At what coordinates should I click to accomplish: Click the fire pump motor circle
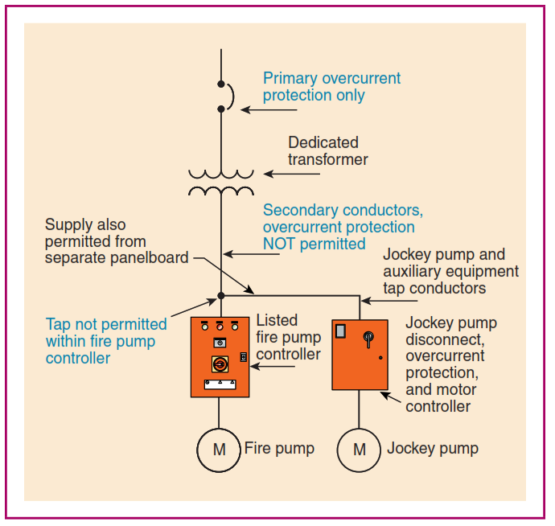[x=220, y=449]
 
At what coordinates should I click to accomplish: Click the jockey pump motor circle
[x=360, y=449]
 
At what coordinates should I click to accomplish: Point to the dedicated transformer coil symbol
[x=220, y=182]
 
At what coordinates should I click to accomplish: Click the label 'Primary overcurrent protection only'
[x=331, y=87]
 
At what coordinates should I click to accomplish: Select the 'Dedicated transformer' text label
[x=328, y=151]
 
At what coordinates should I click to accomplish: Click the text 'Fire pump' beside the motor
[x=279, y=448]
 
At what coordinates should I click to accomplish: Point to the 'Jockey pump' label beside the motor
[x=433, y=448]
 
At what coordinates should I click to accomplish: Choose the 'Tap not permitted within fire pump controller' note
[x=106, y=341]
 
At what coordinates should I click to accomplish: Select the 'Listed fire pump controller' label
[x=289, y=338]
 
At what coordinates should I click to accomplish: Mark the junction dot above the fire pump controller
[x=220, y=296]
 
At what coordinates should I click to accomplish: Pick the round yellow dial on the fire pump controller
[x=219, y=364]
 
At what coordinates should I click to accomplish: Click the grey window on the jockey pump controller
[x=341, y=331]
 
